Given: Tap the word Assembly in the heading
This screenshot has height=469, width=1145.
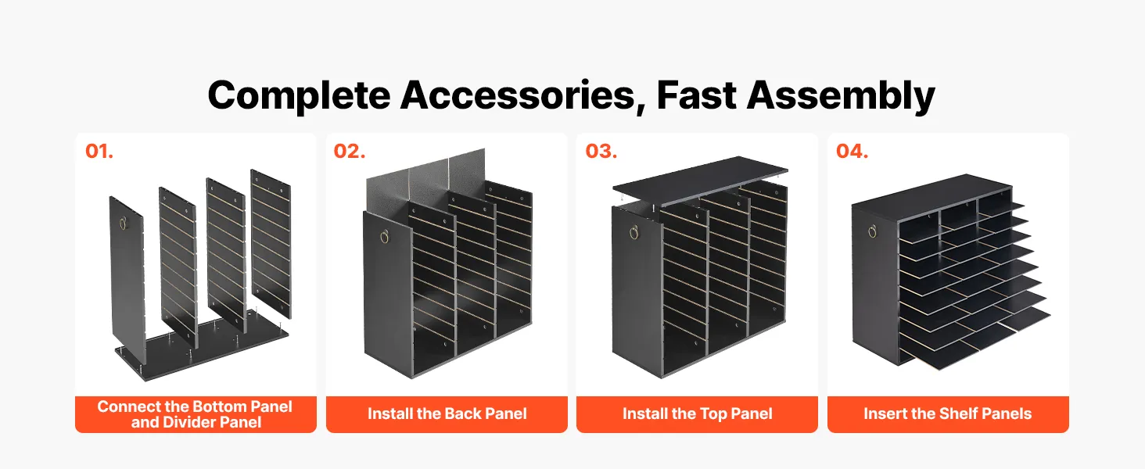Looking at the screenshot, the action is point(841,96).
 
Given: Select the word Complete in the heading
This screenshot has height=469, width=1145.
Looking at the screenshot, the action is point(299,96).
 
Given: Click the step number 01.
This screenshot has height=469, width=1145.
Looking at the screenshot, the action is point(99,151).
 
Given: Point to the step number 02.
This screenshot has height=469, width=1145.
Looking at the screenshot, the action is point(350,151).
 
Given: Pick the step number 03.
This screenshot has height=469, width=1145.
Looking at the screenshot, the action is point(601,151).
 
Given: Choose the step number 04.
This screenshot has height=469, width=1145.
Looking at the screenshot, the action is point(852,151).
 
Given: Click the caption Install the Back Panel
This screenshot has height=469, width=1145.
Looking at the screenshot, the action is point(447,414).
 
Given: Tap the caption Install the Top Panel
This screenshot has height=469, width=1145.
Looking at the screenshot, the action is point(697,414).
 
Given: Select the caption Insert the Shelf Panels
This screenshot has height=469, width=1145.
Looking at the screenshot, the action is point(948,414).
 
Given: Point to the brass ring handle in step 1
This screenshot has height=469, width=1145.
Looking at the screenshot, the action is point(123,223).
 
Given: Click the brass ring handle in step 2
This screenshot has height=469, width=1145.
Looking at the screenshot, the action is point(384,237).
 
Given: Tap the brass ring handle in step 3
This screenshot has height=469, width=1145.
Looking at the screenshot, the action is point(634,232).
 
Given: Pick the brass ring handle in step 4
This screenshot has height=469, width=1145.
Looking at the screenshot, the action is point(873,231).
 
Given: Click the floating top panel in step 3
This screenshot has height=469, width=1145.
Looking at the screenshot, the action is point(700,179).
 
